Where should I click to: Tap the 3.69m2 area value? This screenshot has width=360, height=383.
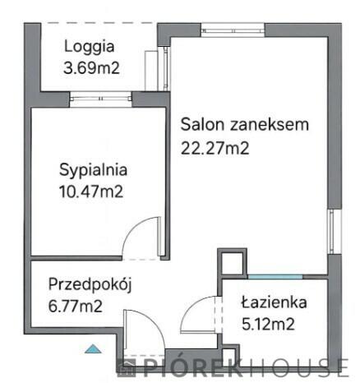pyautogui.click(x=92, y=68)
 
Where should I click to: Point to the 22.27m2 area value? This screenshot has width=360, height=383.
pyautogui.click(x=215, y=149)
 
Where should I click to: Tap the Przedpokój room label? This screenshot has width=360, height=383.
pyautogui.click(x=90, y=285)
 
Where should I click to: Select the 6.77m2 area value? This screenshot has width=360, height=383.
pyautogui.click(x=75, y=307)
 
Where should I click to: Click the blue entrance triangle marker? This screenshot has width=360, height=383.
pyautogui.click(x=96, y=349)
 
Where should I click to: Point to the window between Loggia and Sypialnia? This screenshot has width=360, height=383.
pyautogui.click(x=101, y=100)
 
